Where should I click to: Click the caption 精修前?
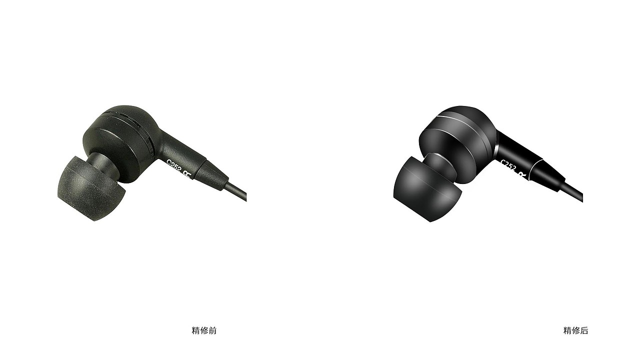204,330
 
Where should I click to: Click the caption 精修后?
575,330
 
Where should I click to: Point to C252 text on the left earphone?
174,166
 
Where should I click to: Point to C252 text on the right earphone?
508,166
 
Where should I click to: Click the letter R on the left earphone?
187,175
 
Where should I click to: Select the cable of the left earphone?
236,192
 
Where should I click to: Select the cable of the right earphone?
571,192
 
